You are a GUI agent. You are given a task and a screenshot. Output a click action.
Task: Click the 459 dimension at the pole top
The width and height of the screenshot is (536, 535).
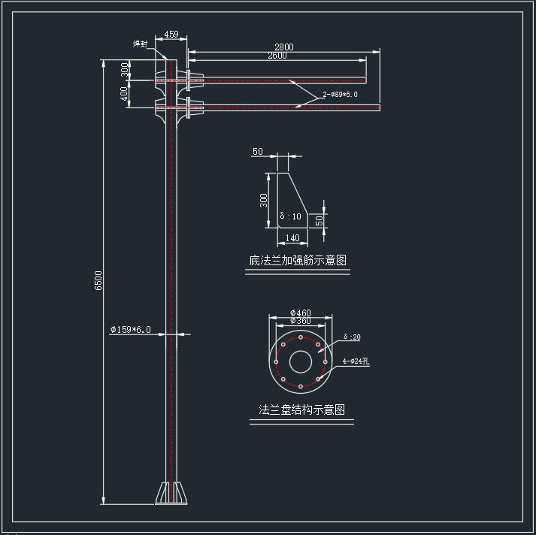pos(171,35)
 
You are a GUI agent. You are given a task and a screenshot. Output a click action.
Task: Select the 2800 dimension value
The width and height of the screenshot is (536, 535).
pos(283,47)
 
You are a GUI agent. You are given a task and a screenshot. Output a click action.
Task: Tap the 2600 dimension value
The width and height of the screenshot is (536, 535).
pos(277,56)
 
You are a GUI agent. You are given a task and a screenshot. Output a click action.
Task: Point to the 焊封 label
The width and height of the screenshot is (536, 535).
pos(140,44)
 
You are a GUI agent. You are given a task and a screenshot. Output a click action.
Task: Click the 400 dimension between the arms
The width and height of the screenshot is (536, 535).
pos(124,94)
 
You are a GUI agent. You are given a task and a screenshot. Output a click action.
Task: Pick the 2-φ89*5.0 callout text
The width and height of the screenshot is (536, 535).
pos(341,95)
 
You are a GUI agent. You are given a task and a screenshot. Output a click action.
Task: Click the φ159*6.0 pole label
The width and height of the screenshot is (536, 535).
pos(131,329)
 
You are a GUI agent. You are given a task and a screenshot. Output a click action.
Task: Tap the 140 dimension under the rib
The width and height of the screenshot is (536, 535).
pos(292,238)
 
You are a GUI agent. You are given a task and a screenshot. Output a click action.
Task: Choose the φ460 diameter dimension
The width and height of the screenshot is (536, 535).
pos(300,313)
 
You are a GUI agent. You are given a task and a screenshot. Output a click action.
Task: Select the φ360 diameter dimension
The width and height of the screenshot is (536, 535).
pos(300,321)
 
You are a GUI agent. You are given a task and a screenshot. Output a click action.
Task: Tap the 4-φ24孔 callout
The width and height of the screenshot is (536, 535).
pos(356,361)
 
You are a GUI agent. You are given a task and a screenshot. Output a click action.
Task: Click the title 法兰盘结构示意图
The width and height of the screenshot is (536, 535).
pos(301,410)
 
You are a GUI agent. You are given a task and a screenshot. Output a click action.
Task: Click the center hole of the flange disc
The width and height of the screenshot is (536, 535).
pos(301,362)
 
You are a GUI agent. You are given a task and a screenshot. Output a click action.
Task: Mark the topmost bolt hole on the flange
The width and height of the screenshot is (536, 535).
pos(301,337)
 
